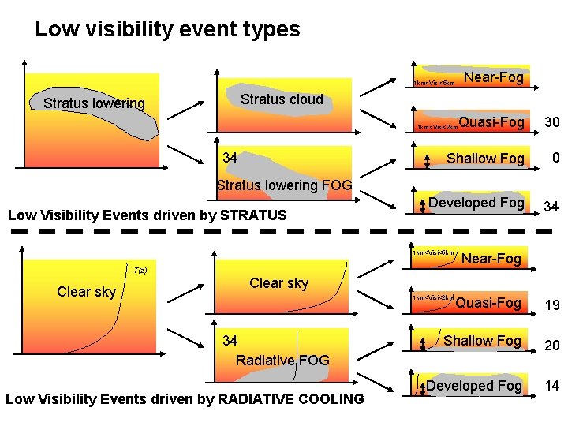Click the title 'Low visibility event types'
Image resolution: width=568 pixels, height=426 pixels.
(167, 30)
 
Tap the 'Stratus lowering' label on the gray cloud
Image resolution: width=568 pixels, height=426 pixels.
(94, 103)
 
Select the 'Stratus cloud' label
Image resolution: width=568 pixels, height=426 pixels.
(282, 99)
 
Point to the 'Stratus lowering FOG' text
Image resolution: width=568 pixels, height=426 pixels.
(284, 186)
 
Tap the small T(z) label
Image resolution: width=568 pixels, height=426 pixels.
(140, 271)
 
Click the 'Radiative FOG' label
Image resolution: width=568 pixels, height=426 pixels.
(282, 360)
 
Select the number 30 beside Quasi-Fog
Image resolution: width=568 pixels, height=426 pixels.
(552, 123)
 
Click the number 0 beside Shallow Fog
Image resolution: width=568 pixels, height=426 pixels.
(555, 158)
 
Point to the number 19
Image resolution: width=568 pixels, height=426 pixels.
(552, 305)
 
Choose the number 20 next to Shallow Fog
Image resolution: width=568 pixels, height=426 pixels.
(552, 344)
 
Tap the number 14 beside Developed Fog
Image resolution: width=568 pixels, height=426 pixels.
(552, 387)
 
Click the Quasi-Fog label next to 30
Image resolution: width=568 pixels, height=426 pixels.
(491, 122)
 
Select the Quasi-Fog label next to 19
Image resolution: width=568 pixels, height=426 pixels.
(488, 303)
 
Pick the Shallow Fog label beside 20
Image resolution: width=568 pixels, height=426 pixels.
(482, 340)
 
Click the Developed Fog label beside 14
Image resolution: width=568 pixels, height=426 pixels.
(474, 386)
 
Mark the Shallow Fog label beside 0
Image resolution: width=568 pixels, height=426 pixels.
(485, 159)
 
